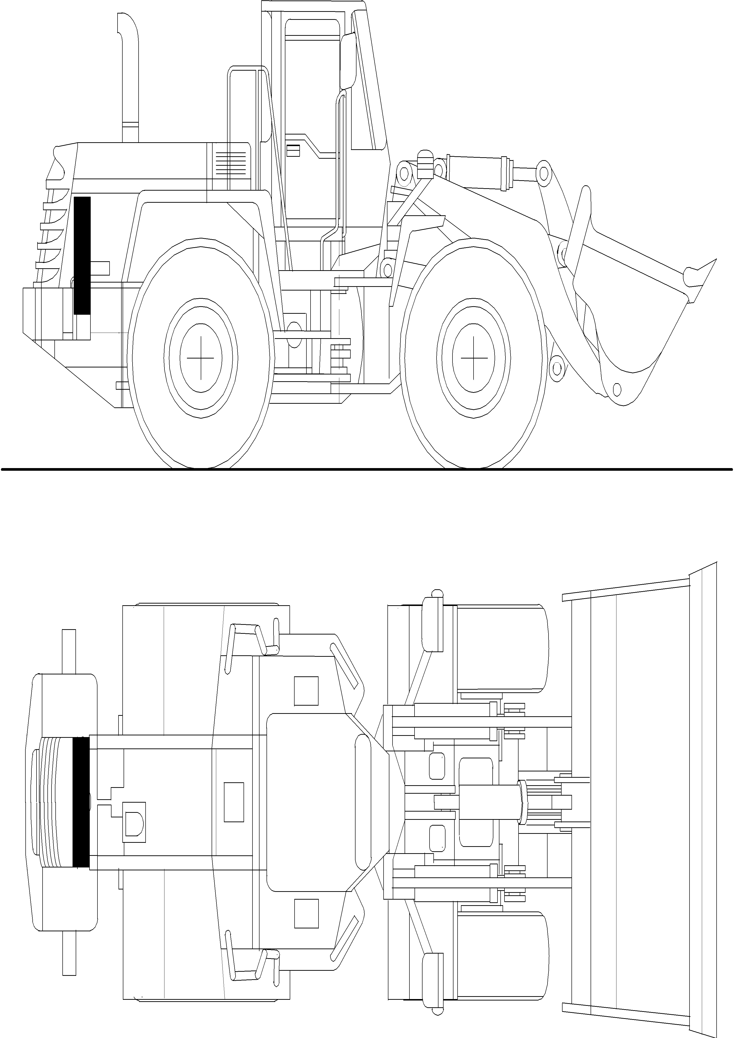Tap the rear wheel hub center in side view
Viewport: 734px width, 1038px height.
click(201, 358)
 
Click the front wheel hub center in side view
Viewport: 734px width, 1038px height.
click(474, 358)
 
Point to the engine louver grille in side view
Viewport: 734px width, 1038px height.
click(230, 164)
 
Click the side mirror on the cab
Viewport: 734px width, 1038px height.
click(348, 61)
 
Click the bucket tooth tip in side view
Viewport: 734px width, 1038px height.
click(714, 262)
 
